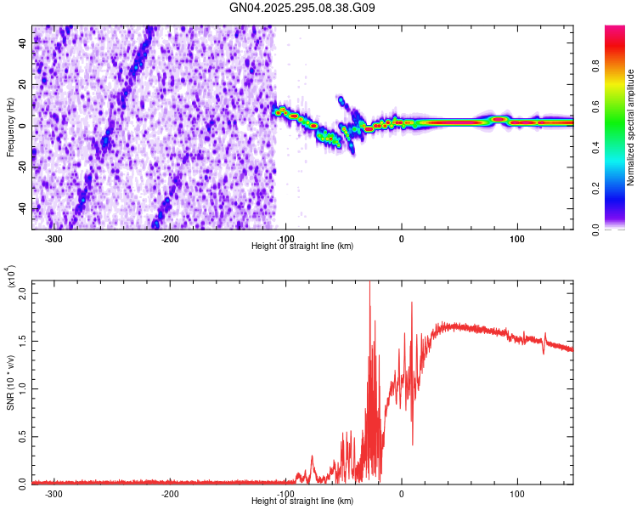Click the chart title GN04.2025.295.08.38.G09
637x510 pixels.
tap(303, 8)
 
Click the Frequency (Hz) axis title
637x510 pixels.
tap(10, 127)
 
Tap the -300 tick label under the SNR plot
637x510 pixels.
tap(54, 494)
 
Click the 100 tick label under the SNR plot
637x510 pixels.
tap(516, 494)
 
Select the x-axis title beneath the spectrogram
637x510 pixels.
tap(302, 246)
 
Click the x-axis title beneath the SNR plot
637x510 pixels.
tap(302, 501)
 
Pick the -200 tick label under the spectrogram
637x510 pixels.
tap(170, 239)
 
